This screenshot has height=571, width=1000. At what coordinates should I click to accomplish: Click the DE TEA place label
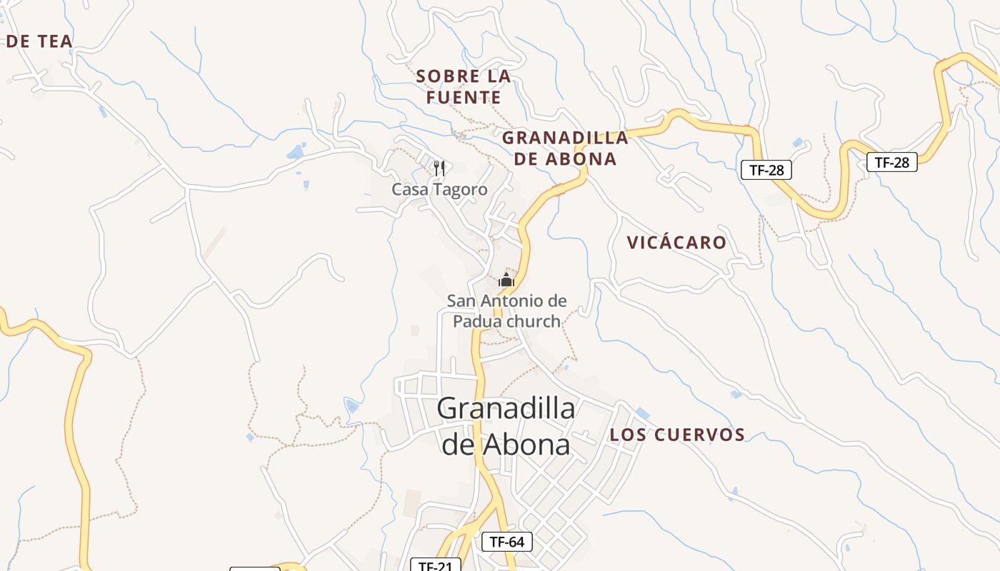tap(39, 41)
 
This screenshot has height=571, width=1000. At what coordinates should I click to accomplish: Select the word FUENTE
tap(464, 97)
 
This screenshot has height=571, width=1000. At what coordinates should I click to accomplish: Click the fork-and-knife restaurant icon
tap(439, 168)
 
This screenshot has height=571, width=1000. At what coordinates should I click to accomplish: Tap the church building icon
tap(506, 280)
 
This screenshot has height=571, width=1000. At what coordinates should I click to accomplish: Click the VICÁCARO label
tap(676, 243)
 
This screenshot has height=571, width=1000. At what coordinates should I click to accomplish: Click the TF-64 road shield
tap(507, 542)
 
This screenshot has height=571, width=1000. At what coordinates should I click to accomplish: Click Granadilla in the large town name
tap(506, 409)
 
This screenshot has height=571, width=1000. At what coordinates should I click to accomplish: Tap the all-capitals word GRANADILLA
tap(565, 137)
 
